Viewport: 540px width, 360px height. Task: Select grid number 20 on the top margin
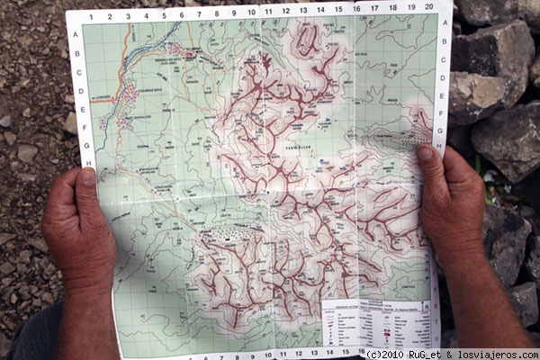428,6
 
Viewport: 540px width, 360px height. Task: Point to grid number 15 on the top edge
338,9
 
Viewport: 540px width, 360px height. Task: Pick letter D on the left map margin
80,91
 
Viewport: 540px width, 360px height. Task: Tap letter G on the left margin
85,144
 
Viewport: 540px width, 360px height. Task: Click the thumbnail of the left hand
87,177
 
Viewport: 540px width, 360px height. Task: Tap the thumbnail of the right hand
427,155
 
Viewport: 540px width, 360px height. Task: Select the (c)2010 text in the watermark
391,353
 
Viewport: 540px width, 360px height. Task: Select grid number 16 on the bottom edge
362,351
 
